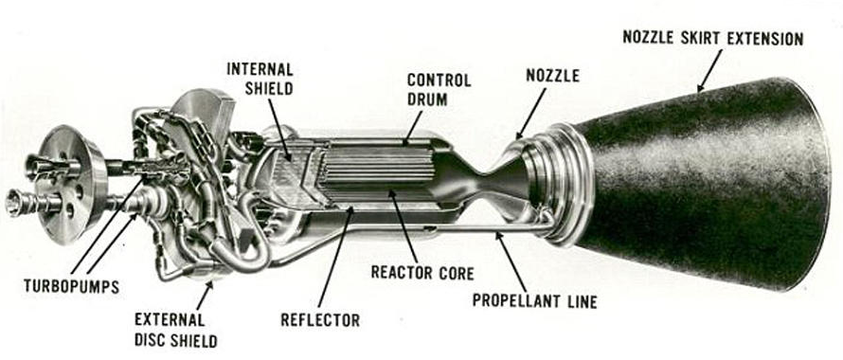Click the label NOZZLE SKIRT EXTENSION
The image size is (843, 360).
click(x=713, y=39)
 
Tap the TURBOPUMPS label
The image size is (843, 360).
click(x=71, y=286)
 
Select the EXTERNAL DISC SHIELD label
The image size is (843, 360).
click(x=176, y=330)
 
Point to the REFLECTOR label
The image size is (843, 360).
click(x=320, y=320)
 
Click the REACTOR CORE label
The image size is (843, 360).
click(x=422, y=273)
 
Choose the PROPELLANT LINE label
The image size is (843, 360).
click(x=535, y=301)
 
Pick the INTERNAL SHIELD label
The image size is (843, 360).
click(x=260, y=79)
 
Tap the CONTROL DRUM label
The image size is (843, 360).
click(x=439, y=89)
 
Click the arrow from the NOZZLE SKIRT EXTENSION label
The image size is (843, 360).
click(x=709, y=70)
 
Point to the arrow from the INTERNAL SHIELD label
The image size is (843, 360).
click(x=279, y=130)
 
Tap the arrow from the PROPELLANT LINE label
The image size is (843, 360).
click(x=511, y=261)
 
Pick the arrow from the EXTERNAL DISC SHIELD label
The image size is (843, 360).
click(x=204, y=295)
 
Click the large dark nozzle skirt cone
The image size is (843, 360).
click(x=699, y=183)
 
